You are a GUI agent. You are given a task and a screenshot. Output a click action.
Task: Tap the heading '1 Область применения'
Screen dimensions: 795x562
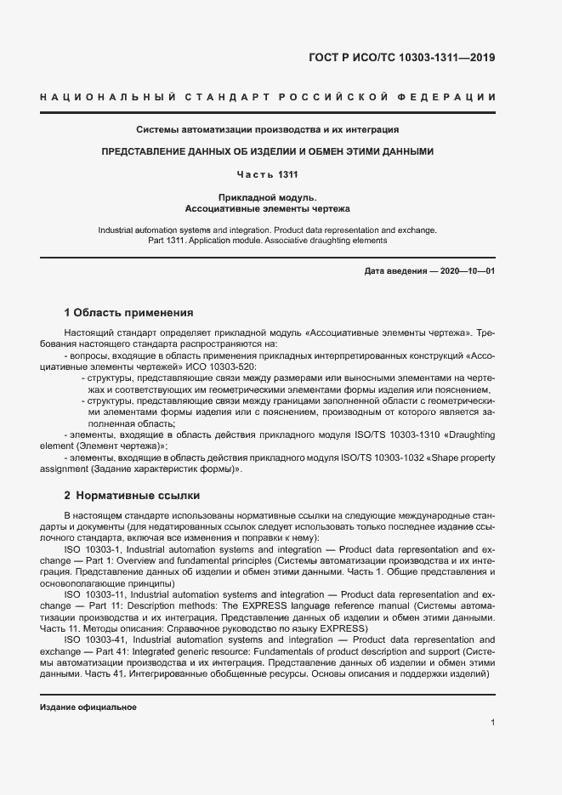(x=128, y=312)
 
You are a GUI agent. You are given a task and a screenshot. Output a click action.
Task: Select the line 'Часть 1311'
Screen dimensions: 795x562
(x=267, y=174)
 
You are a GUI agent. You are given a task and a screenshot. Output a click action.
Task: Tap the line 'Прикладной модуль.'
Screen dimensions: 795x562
(x=267, y=197)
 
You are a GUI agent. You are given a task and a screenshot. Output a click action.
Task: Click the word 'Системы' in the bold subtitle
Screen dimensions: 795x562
(x=156, y=130)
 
